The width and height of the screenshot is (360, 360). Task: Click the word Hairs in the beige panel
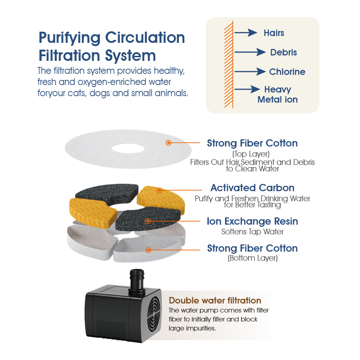point(274,33)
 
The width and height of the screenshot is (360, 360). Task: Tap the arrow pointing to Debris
point(250,52)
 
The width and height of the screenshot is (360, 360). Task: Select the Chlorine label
point(287,72)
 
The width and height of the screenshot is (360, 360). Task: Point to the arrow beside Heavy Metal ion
point(247,89)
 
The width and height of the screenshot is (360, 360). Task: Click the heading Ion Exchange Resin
point(252,221)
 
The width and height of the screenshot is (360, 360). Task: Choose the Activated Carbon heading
point(252,188)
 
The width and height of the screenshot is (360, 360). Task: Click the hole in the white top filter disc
point(128,148)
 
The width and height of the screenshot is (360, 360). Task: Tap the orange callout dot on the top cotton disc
point(168,143)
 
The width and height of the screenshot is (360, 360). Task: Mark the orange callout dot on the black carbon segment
point(148,221)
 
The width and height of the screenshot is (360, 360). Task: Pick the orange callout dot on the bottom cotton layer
point(148,250)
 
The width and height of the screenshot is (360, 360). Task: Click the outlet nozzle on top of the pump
point(137,280)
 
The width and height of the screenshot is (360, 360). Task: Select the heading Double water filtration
point(215,300)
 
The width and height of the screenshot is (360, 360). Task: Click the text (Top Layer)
point(251,154)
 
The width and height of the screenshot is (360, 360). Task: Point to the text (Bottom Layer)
point(253,258)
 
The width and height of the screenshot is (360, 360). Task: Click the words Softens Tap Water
point(252,231)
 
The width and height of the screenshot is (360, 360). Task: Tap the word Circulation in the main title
point(145,37)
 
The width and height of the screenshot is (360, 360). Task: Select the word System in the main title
point(130,56)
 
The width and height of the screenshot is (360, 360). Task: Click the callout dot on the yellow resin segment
point(159,190)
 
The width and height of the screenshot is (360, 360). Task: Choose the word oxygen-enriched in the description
point(124,82)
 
